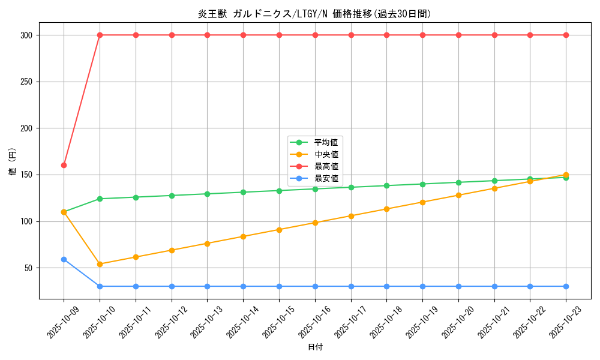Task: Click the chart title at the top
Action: (314, 14)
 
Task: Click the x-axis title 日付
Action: (315, 347)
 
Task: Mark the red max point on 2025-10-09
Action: (64, 165)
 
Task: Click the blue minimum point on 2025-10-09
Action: (64, 259)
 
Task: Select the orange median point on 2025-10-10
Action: (100, 264)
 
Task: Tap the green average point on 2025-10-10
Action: (100, 199)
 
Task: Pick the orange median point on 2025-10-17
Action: (351, 216)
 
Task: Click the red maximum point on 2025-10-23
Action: (566, 35)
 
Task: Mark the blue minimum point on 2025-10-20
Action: (458, 286)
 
